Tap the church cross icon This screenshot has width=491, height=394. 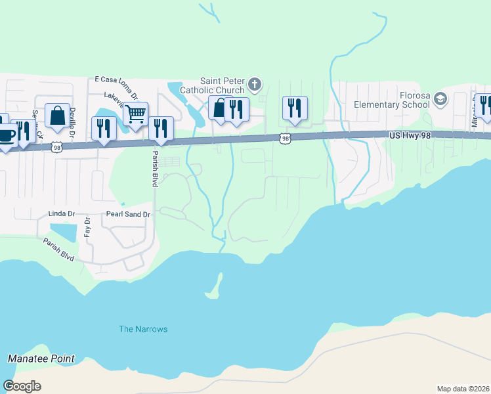click(255, 85)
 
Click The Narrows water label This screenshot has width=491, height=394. click(143, 329)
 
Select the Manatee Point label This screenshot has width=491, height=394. click(41, 359)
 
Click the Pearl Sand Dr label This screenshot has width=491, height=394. click(128, 214)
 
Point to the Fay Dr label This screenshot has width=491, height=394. click(87, 228)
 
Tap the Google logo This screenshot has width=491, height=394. click(22, 386)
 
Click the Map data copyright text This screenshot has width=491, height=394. click(463, 389)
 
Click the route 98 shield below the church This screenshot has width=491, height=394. click(284, 138)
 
